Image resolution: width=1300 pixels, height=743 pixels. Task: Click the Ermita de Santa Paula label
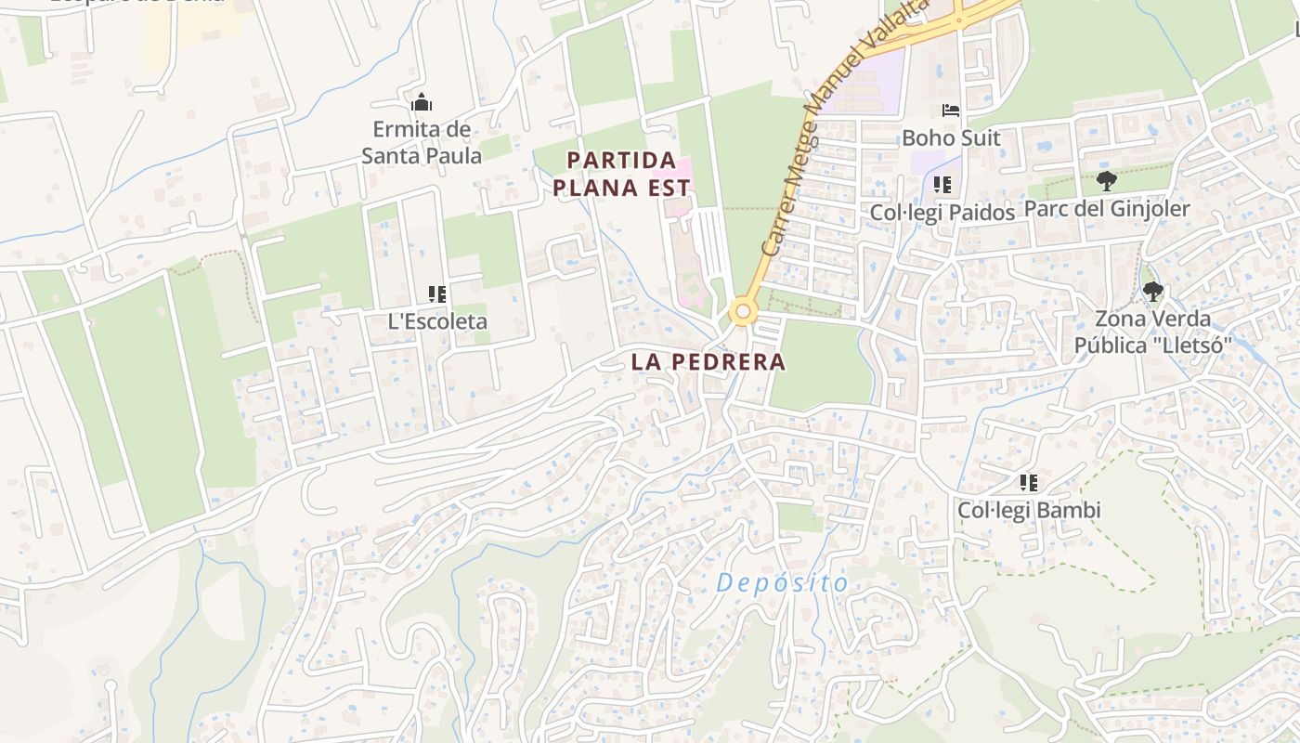422,142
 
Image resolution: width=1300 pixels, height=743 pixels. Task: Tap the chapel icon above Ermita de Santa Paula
422,102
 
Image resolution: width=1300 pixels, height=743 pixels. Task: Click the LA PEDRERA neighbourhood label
708,361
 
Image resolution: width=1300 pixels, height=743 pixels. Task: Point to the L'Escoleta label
437,321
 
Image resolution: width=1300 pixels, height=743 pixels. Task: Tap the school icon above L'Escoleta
437,294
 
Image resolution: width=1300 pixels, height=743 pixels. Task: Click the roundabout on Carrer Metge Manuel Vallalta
742,311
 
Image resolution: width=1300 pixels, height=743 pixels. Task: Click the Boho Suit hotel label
951,138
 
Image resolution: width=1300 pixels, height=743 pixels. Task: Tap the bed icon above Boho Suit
951,111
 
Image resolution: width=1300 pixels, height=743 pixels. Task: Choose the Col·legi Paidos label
942,213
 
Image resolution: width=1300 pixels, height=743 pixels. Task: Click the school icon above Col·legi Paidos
942,185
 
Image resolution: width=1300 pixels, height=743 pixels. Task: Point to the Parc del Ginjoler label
1106,209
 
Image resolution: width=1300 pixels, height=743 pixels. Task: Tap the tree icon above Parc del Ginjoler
1106,180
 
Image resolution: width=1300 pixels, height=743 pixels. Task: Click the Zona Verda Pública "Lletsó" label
1152,332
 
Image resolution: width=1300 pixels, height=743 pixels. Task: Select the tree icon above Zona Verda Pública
1152,292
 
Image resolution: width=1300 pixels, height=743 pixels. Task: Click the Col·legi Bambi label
1029,510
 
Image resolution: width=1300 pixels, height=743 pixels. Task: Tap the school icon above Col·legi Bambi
1029,483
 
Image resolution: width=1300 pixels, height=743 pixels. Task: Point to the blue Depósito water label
783,583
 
